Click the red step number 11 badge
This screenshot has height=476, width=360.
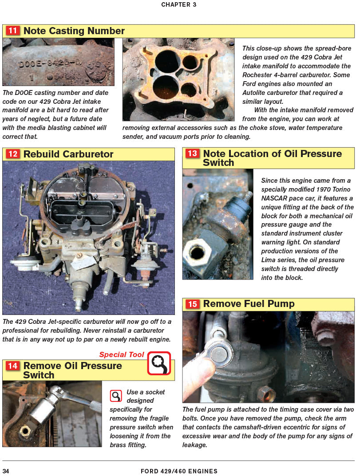pos(12,31)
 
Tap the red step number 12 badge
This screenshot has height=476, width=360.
pos(12,154)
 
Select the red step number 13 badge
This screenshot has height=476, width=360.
pos(192,154)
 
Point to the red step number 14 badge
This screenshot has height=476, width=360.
pos(12,366)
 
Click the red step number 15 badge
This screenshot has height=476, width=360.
pos(192,304)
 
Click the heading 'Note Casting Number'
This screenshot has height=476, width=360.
pos(74,31)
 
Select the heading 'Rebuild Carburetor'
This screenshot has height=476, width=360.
pos(68,154)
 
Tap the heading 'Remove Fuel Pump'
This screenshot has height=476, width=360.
pos(249,304)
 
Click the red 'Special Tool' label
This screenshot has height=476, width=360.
pos(122,354)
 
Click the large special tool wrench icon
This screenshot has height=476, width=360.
pos(159,363)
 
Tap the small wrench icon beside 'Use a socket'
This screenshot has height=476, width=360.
pos(116,395)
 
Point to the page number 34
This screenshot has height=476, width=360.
pos(6,471)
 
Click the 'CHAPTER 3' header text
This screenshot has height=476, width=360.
pos(179,5)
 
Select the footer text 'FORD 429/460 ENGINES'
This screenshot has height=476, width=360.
pos(179,471)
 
